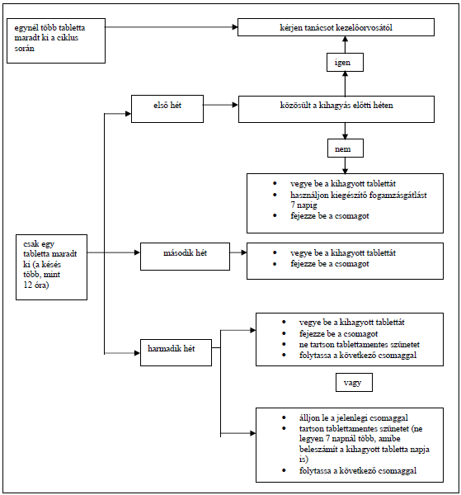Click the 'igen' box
point(345,62)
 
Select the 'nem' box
point(346,148)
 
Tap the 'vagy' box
point(354,382)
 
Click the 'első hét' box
point(167,109)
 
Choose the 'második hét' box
point(185,257)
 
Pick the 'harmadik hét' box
point(176,352)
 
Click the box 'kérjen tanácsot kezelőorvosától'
point(336,27)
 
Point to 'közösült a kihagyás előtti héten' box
point(336,109)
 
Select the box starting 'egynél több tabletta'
point(56,40)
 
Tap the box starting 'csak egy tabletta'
point(51,267)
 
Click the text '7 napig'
point(303,205)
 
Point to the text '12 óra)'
point(36,285)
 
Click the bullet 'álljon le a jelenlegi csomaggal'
point(354,418)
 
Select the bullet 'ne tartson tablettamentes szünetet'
point(360,344)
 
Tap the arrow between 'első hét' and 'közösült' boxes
point(220,105)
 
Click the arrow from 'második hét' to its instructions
point(238,252)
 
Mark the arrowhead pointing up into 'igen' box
point(346,74)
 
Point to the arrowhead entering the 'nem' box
point(346,136)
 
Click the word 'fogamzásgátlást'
point(395,195)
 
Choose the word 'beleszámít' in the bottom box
point(318,450)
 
